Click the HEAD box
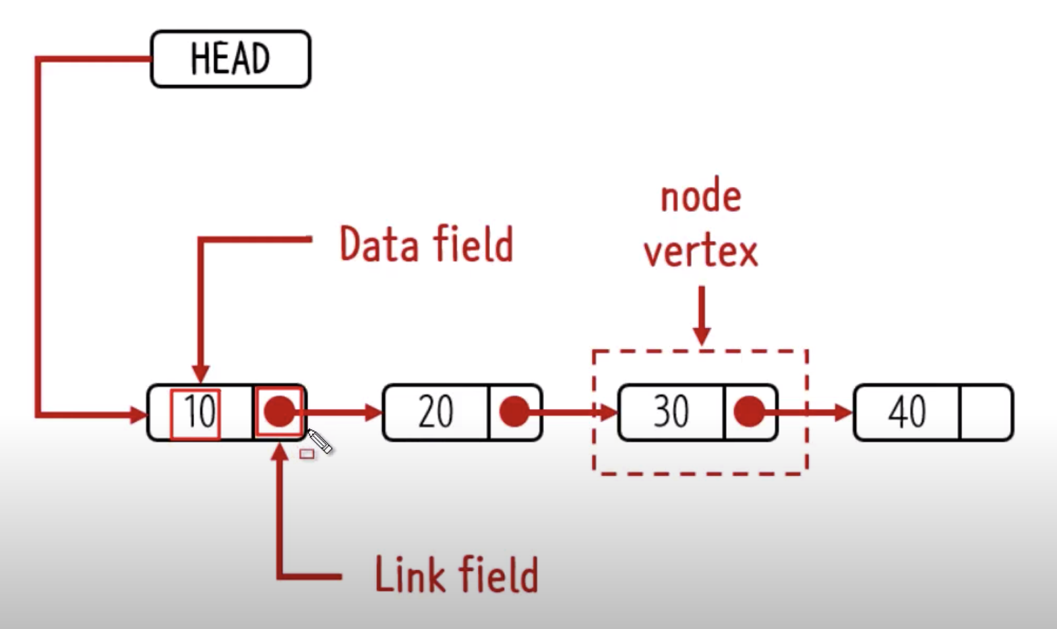(x=230, y=59)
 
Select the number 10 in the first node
(x=198, y=412)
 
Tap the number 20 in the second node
(x=435, y=412)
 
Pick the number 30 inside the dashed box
(x=670, y=412)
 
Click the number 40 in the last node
(x=906, y=412)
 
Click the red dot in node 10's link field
(x=280, y=411)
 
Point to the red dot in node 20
(x=514, y=412)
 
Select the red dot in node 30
(x=749, y=412)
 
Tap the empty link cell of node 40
(x=985, y=412)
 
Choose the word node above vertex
(x=700, y=197)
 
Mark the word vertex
(x=700, y=251)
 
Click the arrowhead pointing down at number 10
(x=200, y=373)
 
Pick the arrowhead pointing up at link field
(x=279, y=452)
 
